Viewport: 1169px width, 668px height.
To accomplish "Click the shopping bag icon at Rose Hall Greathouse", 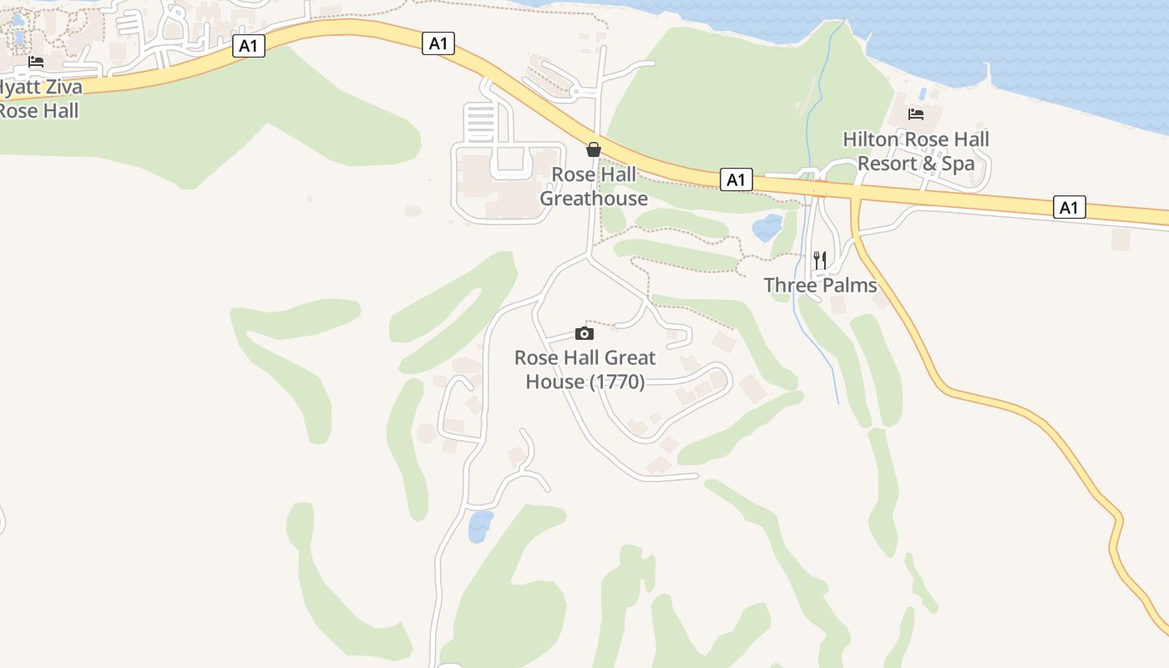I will click(x=593, y=149).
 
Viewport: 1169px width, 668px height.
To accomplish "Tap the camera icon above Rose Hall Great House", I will click(x=584, y=334).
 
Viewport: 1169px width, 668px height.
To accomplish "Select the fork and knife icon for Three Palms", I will click(x=820, y=261).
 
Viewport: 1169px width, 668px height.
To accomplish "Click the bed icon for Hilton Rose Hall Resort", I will click(x=916, y=114).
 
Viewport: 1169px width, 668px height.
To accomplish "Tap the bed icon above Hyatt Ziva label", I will click(x=36, y=62).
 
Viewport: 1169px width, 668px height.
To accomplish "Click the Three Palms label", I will click(x=820, y=286).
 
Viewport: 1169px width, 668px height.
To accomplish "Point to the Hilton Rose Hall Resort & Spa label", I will click(x=916, y=151).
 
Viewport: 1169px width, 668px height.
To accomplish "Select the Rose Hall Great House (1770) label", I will click(x=584, y=370).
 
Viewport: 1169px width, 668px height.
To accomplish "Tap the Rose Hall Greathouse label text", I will click(x=593, y=186).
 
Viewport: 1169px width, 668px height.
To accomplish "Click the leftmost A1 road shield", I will click(x=248, y=46).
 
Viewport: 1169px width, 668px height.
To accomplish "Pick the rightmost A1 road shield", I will click(x=1070, y=207).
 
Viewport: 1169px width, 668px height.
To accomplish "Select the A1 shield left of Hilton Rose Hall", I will click(x=736, y=180).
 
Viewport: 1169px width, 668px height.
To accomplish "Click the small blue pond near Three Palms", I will click(x=767, y=227).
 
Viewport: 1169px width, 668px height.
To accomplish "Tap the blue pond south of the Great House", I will click(x=480, y=526).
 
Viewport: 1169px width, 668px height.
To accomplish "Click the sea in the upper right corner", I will click(x=1044, y=42).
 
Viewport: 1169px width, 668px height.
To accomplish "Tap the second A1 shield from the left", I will click(x=438, y=43).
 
